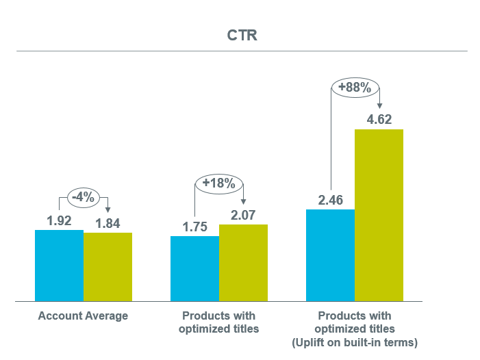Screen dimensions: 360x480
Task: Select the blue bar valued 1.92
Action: pyautogui.click(x=59, y=266)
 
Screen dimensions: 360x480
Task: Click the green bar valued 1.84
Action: pyautogui.click(x=108, y=267)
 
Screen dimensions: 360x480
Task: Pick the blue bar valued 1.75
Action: pyautogui.click(x=194, y=268)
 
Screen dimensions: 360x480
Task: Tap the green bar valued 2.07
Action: pyautogui.click(x=243, y=263)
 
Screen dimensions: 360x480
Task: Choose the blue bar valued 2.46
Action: pyautogui.click(x=330, y=255)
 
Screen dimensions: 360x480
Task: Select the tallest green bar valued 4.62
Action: pyautogui.click(x=379, y=215)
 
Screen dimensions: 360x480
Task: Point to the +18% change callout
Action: pyautogui.click(x=219, y=183)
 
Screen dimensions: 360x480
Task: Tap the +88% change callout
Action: pyautogui.click(x=355, y=88)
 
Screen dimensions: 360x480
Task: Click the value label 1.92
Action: pyautogui.click(x=59, y=221)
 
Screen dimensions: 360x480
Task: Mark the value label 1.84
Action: pyautogui.click(x=108, y=223)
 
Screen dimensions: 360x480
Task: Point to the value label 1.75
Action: pyautogui.click(x=194, y=227)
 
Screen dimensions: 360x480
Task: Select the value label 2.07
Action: pyautogui.click(x=243, y=216)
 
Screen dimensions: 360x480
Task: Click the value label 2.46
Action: pyautogui.click(x=330, y=201)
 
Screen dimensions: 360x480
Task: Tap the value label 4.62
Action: pyautogui.click(x=379, y=120)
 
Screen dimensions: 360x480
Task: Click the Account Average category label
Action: pyautogui.click(x=83, y=316)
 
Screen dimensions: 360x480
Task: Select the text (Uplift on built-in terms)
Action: pyautogui.click(x=355, y=341)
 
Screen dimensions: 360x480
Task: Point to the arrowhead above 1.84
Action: pyautogui.click(x=108, y=210)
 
